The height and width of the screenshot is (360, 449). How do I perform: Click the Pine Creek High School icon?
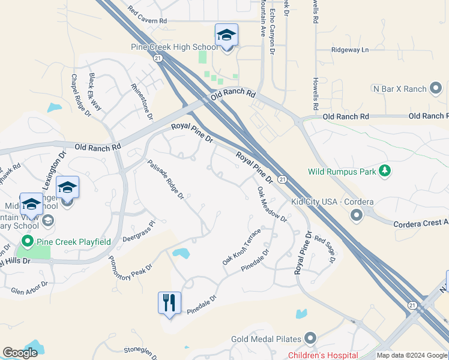[226, 35]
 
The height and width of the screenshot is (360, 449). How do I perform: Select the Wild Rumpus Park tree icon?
[385, 172]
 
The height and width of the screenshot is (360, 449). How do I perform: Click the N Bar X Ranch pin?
[436, 89]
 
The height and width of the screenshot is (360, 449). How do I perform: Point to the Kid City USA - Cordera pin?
[357, 215]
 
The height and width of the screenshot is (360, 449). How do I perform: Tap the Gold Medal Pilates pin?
[310, 339]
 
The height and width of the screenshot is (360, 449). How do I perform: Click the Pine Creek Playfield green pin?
[27, 242]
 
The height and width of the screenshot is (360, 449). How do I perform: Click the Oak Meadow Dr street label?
[272, 204]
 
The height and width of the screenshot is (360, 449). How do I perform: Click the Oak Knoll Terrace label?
[241, 247]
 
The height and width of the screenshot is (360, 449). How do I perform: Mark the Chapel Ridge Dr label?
[80, 95]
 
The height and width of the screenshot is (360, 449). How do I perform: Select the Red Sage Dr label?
[324, 249]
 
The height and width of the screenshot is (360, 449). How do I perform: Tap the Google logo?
[20, 353]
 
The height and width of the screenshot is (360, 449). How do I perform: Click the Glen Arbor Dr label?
[29, 287]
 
